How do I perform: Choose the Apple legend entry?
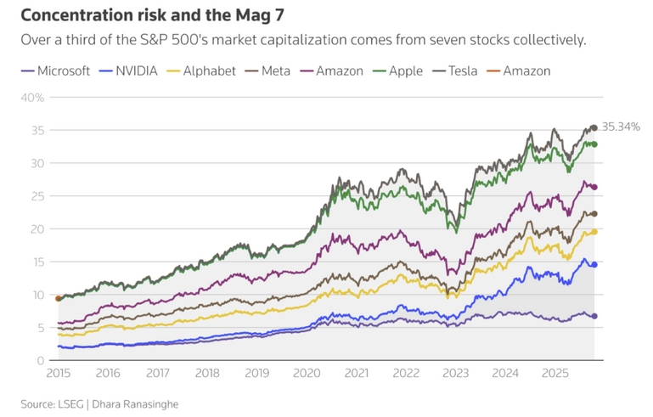[412, 70]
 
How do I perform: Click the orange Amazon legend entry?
[526, 70]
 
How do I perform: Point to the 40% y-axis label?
[32, 97]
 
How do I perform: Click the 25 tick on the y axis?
[37, 196]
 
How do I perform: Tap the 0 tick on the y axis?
[40, 360]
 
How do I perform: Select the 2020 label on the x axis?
[307, 372]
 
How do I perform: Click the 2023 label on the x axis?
[456, 372]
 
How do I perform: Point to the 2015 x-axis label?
[58, 372]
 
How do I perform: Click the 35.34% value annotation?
[621, 127]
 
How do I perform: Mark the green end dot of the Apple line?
[594, 144]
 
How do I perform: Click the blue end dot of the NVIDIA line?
[594, 265]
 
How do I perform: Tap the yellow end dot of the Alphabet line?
[594, 232]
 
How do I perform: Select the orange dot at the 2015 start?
[58, 298]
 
